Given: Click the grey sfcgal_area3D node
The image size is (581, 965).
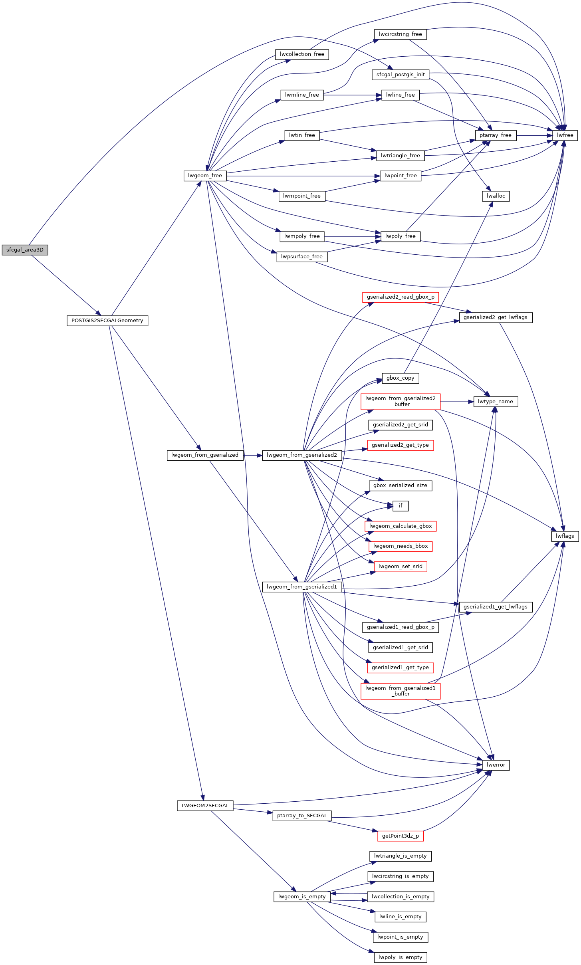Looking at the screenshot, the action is pos(25,250).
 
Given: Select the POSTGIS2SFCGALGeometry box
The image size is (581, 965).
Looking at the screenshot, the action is pos(107,321).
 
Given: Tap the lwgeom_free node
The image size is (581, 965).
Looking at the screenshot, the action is pos(205,176).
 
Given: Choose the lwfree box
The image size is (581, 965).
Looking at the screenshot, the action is pos(565,135).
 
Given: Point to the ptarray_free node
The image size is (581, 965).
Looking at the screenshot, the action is pos(496,135).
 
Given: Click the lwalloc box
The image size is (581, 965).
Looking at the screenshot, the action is pos(496,196).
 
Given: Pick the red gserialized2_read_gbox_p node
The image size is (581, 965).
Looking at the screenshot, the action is pos(401,297).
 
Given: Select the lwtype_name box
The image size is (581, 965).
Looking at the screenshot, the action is pos(496,402).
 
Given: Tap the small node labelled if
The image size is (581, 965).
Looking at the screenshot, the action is pos(401,506).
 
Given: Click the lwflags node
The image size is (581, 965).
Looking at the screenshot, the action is pos(565,536).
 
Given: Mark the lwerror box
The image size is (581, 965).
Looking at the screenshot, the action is pos(496,765).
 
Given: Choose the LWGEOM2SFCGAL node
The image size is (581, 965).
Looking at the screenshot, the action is pos(205,806).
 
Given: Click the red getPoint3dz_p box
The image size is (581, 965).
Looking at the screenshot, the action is pos(401,836).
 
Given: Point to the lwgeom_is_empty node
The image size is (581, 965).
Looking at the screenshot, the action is pos(302,897).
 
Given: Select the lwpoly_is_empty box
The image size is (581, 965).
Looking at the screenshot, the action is pos(401,957).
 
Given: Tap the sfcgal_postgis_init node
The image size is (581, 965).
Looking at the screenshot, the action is pos(401,75).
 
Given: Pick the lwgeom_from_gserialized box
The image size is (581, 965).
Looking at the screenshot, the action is pos(205,455).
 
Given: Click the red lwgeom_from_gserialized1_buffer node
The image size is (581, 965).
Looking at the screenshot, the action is pos(401,691).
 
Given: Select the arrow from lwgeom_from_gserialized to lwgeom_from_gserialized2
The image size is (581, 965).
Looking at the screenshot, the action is pos(253,455).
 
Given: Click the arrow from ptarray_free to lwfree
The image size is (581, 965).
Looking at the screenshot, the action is pos(534,135).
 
